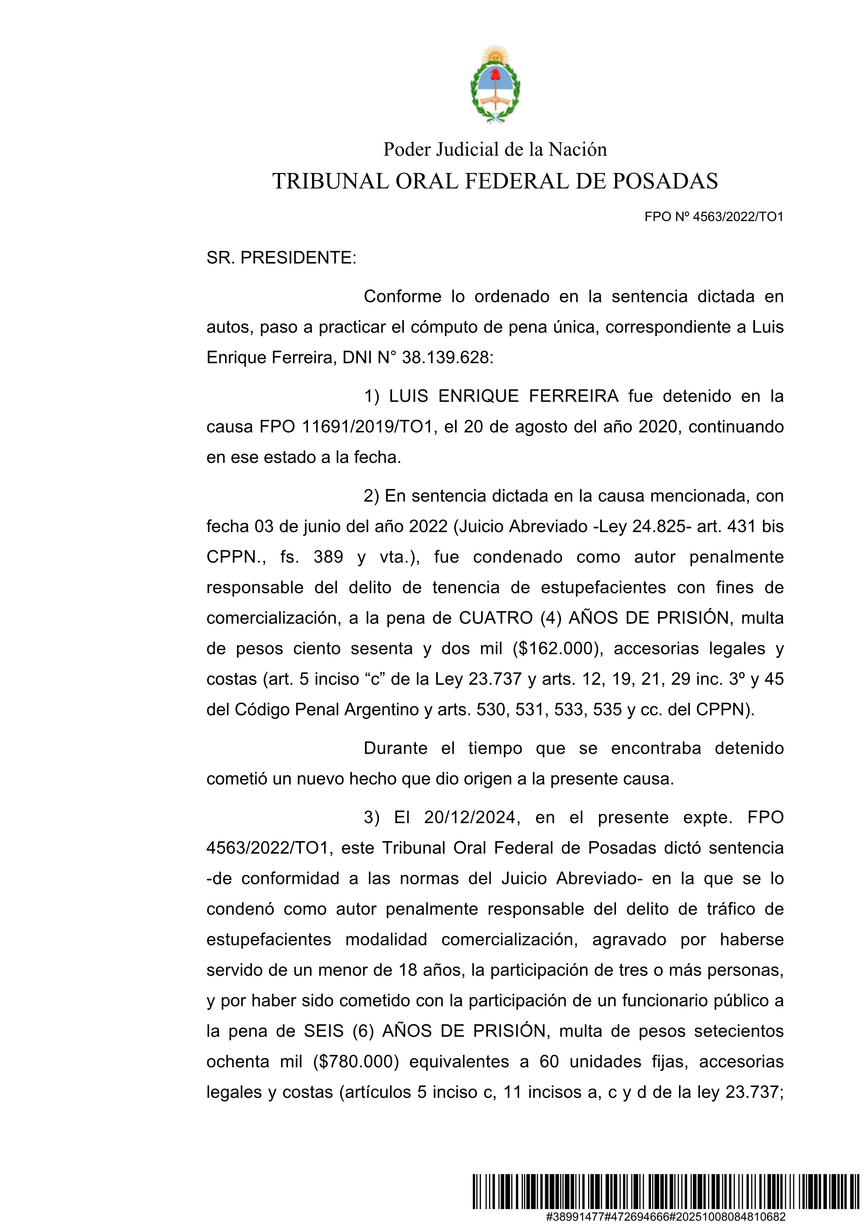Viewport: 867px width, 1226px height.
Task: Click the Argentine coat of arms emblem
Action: coord(495,85)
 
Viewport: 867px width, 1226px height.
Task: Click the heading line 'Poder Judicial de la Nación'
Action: coord(495,150)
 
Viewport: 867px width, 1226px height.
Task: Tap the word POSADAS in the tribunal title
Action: coord(665,181)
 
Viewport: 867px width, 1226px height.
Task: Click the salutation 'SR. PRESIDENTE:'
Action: coord(281,258)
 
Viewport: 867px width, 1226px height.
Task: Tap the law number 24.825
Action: coord(659,526)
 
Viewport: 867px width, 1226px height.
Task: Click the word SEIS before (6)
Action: coord(324,1031)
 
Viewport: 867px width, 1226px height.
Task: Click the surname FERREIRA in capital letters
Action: coord(573,396)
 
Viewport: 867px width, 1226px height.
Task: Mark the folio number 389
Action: coord(328,557)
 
